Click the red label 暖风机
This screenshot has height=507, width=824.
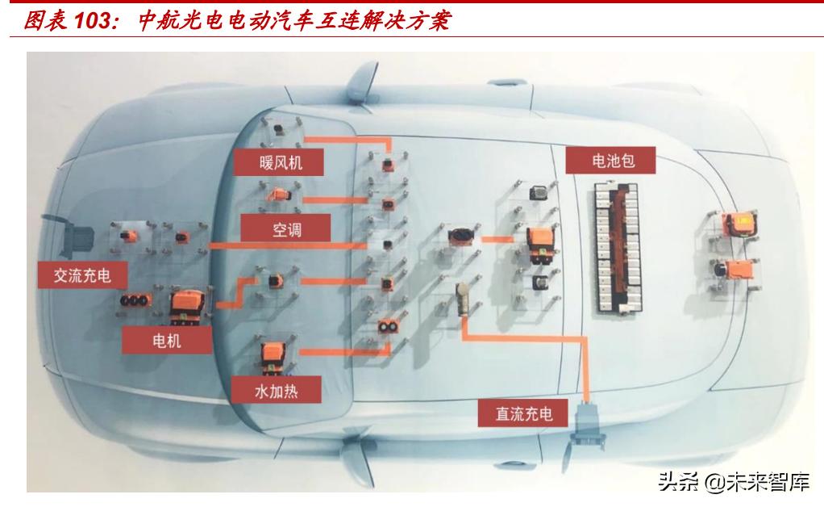280,162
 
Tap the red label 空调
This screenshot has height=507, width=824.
285,228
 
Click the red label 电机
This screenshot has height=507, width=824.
167,341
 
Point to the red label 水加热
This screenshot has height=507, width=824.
276,392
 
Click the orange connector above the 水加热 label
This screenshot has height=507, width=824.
270,356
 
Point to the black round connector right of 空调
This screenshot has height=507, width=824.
459,237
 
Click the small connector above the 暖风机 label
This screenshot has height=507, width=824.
279,130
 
